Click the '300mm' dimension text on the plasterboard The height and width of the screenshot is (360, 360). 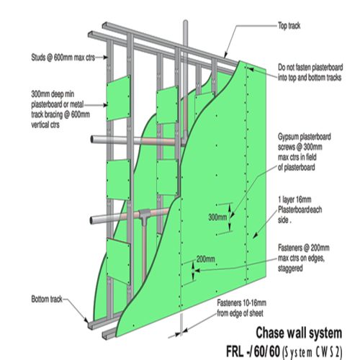217,216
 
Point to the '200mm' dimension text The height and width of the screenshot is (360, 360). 206,258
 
